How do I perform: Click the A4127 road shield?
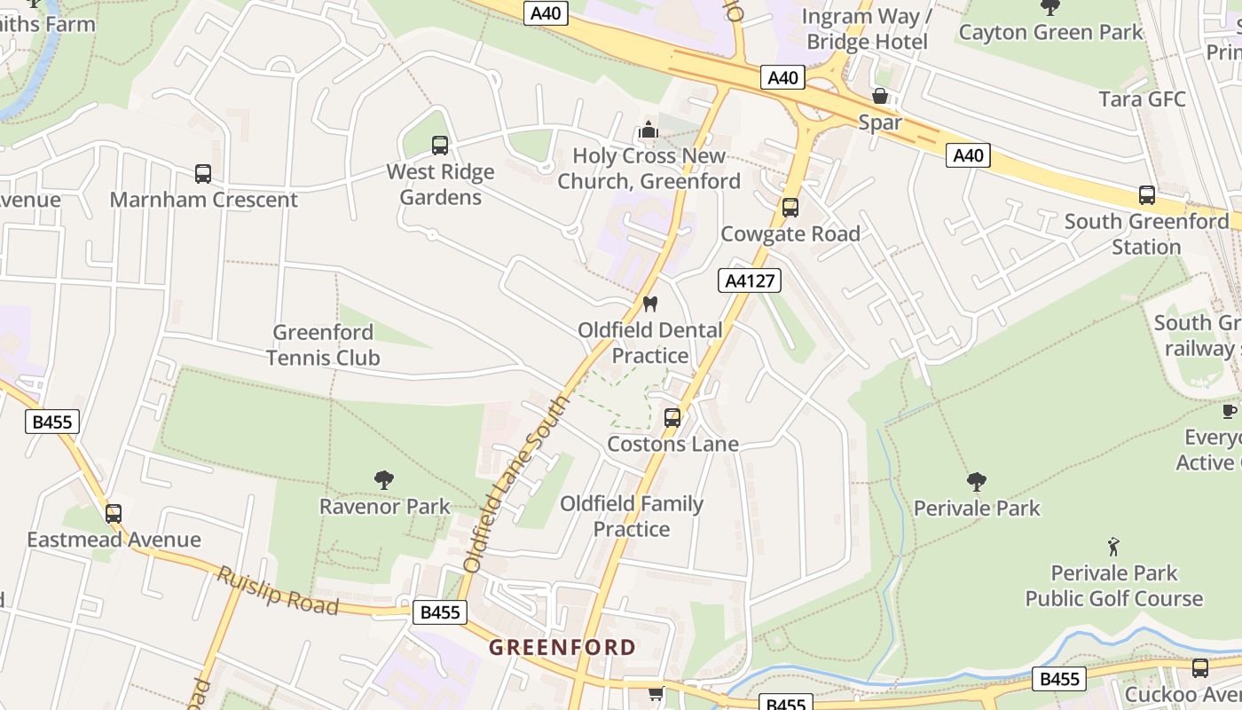[x=749, y=281]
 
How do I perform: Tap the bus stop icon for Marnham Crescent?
[x=203, y=174]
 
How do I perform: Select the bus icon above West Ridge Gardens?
[x=439, y=146]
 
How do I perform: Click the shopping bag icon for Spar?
[x=880, y=96]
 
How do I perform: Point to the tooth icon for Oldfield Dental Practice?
[x=650, y=304]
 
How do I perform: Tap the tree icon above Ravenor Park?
[x=384, y=481]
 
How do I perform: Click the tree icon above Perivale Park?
[x=976, y=483]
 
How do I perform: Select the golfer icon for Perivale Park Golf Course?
[x=1113, y=547]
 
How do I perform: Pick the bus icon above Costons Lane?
[x=672, y=418]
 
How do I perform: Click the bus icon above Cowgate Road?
[x=790, y=208]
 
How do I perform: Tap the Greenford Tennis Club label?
[x=323, y=345]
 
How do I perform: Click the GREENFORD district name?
[x=562, y=647]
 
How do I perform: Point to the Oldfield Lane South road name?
[x=515, y=484]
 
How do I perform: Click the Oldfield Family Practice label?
[x=631, y=517]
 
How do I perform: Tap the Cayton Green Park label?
[x=1050, y=33]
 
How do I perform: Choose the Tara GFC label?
[x=1142, y=99]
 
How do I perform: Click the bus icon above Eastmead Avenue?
[x=113, y=514]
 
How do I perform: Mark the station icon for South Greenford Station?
[x=1146, y=195]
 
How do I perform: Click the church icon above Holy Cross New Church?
[x=648, y=130]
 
